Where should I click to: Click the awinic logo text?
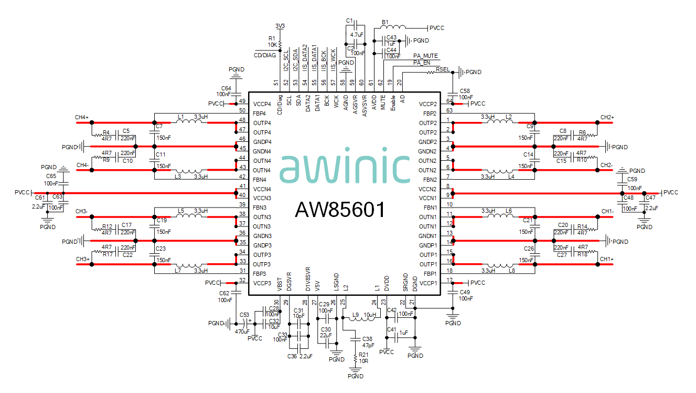[x=344, y=168]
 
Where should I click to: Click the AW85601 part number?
[x=340, y=210]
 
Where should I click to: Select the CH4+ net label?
[x=82, y=117]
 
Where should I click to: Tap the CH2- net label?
[x=607, y=165]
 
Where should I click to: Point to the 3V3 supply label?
[x=280, y=26]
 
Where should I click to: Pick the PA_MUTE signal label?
[x=425, y=56]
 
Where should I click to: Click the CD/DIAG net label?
[x=264, y=54]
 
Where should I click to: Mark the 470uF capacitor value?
[x=242, y=332]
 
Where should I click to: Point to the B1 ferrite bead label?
[x=385, y=22]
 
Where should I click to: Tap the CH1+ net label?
[x=607, y=260]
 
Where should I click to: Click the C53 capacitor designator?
[x=244, y=315]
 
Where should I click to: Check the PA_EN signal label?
[x=422, y=63]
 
